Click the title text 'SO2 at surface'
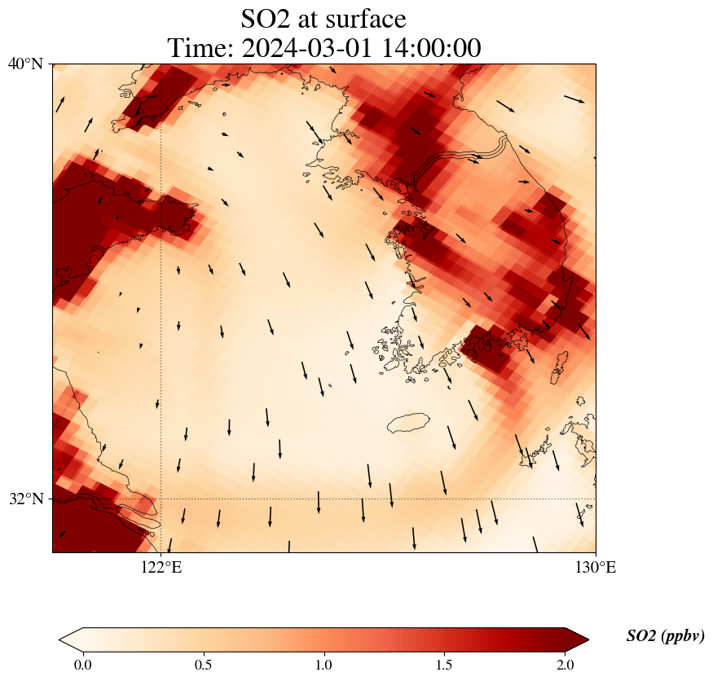tap(323, 18)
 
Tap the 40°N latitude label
tap(25, 64)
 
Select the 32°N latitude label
tap(25, 499)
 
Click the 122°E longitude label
tap(161, 568)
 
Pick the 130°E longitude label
tap(596, 568)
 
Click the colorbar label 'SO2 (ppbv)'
tap(665, 636)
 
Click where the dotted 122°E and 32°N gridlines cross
tap(161, 499)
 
